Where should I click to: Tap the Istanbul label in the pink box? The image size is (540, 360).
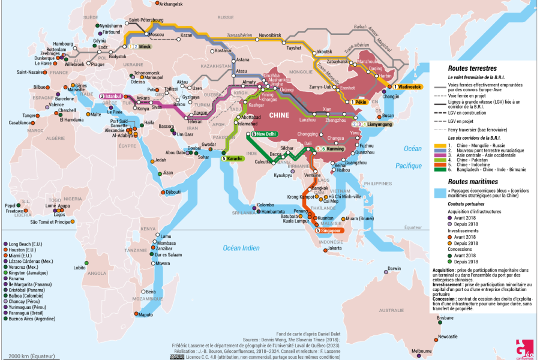[x=114, y=95]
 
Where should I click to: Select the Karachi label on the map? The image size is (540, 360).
[x=235, y=158]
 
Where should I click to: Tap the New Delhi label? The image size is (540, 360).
[x=266, y=134]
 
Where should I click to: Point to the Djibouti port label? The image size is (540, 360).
[x=173, y=192]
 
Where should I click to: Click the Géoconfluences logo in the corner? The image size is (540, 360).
[x=526, y=348]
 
